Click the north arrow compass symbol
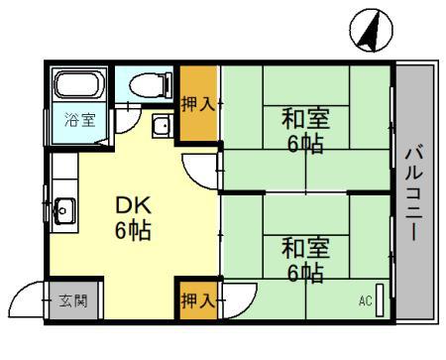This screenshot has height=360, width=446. point(366,33)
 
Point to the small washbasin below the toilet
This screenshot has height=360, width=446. point(162,126)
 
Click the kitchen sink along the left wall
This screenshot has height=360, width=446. point(64,209)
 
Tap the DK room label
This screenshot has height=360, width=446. point(132,205)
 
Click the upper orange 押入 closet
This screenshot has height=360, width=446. point(197,103)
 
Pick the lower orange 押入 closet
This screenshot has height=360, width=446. point(197,300)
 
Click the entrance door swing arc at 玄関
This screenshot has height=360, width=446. point(30,299)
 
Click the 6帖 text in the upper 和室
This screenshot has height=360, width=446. point(305,144)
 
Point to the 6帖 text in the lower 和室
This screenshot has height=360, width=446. point(304,272)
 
